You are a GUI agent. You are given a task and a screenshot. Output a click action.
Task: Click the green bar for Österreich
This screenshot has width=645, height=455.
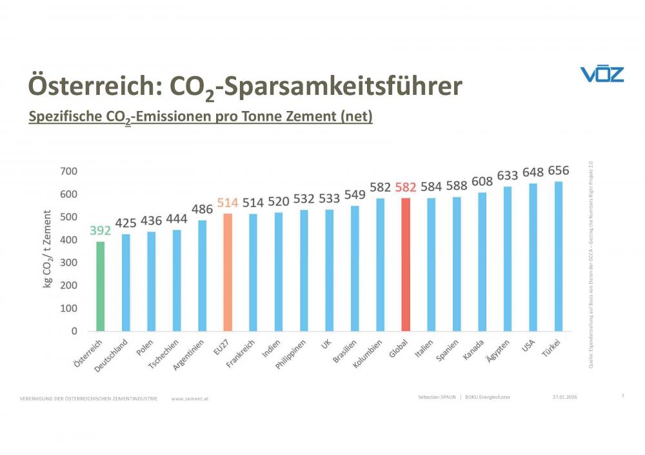click(x=100, y=286)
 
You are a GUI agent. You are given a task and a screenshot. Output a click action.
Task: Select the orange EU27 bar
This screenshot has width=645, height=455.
click(x=228, y=272)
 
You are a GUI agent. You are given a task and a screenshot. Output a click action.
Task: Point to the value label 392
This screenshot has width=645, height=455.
click(x=100, y=230)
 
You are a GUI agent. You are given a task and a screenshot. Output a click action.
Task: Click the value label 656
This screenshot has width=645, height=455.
click(x=559, y=170)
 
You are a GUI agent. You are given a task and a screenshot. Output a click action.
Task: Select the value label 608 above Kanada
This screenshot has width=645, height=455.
click(x=482, y=181)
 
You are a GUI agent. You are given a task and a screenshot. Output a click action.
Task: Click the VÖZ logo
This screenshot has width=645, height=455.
click(x=602, y=74)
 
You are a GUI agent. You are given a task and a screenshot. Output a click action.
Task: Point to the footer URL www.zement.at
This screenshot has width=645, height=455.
click(x=190, y=399)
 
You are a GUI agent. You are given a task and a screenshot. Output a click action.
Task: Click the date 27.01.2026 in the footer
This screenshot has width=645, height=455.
click(x=564, y=396)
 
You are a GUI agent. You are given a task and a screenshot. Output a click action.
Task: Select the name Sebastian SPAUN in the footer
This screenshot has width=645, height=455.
click(x=437, y=396)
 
